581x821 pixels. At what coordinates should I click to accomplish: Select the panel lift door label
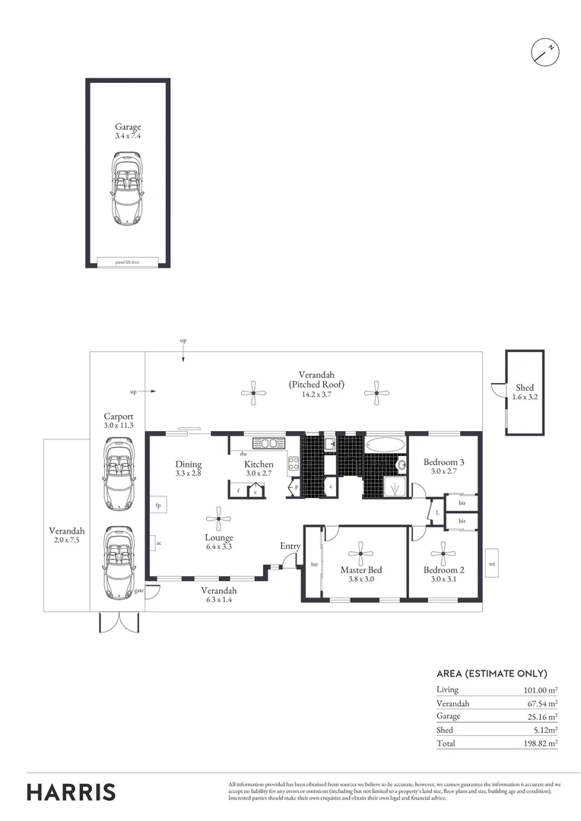(x=128, y=262)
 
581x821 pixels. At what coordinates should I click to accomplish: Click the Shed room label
(x=525, y=391)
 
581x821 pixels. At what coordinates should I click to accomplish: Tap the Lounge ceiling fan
(x=219, y=520)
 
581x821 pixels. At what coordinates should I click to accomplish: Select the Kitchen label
(x=259, y=464)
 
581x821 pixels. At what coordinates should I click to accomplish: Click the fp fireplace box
(x=158, y=504)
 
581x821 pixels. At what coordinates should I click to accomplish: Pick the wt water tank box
(x=492, y=564)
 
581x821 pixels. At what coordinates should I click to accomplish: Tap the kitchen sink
(x=268, y=442)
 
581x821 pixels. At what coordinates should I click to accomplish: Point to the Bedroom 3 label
(x=443, y=464)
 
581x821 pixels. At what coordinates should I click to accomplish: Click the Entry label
(x=290, y=546)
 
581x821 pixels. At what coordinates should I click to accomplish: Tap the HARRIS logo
(x=71, y=791)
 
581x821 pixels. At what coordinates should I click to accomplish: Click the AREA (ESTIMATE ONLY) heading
(x=491, y=673)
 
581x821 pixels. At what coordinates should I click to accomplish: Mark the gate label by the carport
(x=139, y=590)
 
